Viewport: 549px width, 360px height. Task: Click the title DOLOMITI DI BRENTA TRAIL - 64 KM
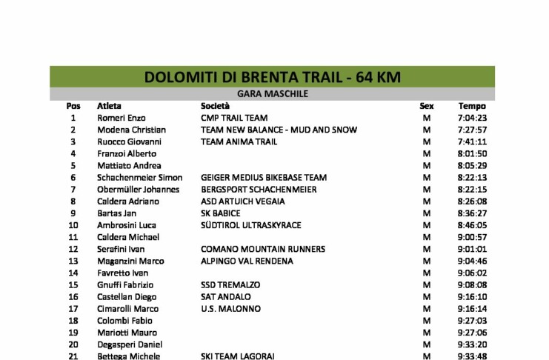point(272,77)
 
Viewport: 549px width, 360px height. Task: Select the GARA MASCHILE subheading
point(272,94)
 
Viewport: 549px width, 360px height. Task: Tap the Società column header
point(215,106)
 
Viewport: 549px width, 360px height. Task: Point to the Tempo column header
point(471,106)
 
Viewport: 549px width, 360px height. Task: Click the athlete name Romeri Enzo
point(122,118)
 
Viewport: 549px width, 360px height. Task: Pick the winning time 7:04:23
point(471,118)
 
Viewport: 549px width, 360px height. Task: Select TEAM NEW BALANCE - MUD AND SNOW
point(279,130)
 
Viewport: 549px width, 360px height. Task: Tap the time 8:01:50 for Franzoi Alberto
point(471,153)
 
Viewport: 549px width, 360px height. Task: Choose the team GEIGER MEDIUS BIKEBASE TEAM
point(264,178)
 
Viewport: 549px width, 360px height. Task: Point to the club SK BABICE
point(221,213)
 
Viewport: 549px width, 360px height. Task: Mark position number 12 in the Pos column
point(73,249)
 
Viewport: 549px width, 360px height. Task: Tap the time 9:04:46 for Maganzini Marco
point(471,261)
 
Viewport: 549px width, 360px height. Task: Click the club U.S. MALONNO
point(230,309)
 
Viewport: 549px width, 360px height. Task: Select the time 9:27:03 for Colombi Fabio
point(471,321)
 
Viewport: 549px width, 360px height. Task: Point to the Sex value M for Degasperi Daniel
point(426,344)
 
